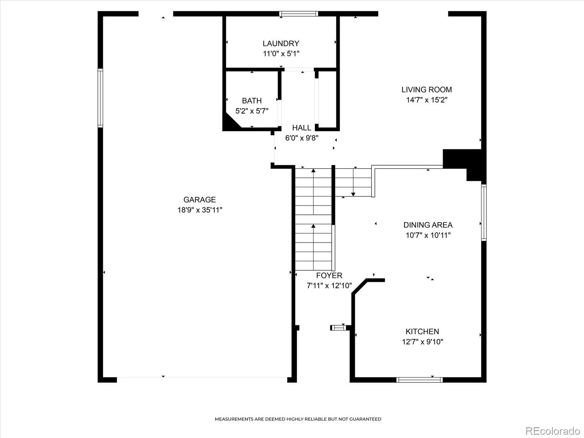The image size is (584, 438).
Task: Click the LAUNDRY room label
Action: [281, 43]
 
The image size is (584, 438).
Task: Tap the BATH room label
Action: [252, 101]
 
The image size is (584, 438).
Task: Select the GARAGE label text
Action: [200, 199]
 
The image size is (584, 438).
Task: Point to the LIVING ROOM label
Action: [426, 90]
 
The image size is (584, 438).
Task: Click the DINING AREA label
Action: [428, 225]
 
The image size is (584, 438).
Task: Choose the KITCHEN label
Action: [422, 331]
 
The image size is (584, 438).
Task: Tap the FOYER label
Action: [329, 275]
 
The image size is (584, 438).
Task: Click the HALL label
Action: [301, 128]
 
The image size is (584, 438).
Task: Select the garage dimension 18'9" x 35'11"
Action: [200, 210]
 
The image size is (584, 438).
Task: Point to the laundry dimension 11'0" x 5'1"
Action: [281, 54]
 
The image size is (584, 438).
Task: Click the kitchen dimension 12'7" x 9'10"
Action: [423, 342]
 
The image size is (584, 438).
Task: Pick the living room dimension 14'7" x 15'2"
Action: [426, 100]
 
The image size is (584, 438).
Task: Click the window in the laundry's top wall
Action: [299, 14]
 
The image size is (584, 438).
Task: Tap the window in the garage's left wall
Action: [100, 98]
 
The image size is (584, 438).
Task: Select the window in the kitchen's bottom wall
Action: [420, 380]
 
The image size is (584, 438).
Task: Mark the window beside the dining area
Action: [484, 212]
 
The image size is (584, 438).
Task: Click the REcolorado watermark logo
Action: [553, 431]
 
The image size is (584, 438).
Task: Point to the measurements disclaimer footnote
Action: [298, 419]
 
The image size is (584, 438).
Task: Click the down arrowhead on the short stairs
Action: [353, 195]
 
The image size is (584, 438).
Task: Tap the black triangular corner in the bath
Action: [230, 122]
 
